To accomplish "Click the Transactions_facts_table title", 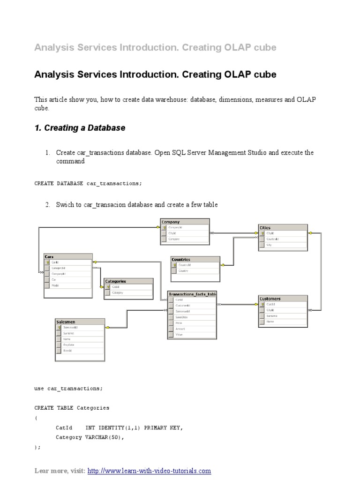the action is tap(192, 294).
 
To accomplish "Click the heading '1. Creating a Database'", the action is tap(80, 128).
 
